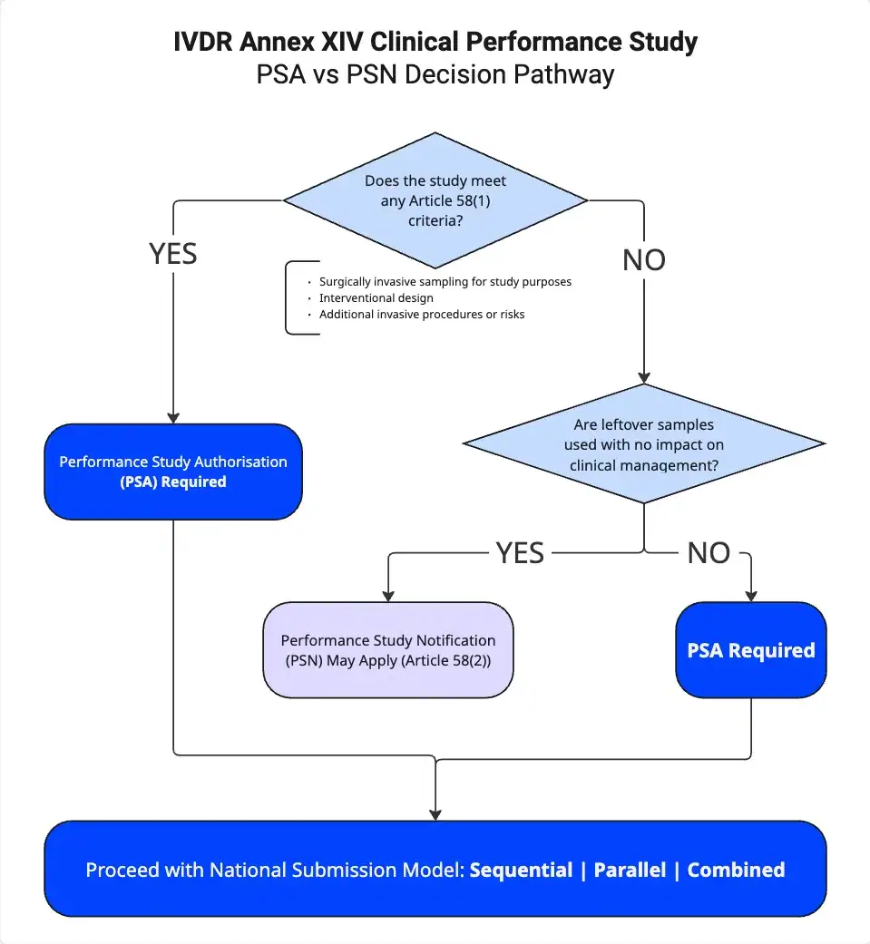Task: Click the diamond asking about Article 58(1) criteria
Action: pos(435,200)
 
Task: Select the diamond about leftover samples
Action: pos(644,444)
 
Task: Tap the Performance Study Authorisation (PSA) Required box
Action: pos(173,472)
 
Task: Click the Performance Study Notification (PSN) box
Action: pos(388,650)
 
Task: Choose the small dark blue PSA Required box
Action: pos(751,650)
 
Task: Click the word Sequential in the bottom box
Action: pos(521,870)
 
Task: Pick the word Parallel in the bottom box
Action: pos(630,870)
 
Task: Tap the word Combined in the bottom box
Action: pos(736,870)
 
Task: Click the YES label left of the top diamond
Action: pos(173,254)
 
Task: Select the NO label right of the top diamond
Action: pos(644,260)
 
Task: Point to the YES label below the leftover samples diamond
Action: pos(520,552)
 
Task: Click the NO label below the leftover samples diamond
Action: pos(709,552)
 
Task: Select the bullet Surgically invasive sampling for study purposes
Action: pos(445,282)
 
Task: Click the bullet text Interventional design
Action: pos(376,298)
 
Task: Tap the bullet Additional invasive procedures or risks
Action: pos(422,315)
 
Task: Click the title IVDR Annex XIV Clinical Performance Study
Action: pos(435,43)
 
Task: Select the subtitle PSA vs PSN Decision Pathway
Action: pos(435,74)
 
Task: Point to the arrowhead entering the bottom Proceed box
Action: pos(436,813)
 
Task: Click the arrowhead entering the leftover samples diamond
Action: pos(644,379)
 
